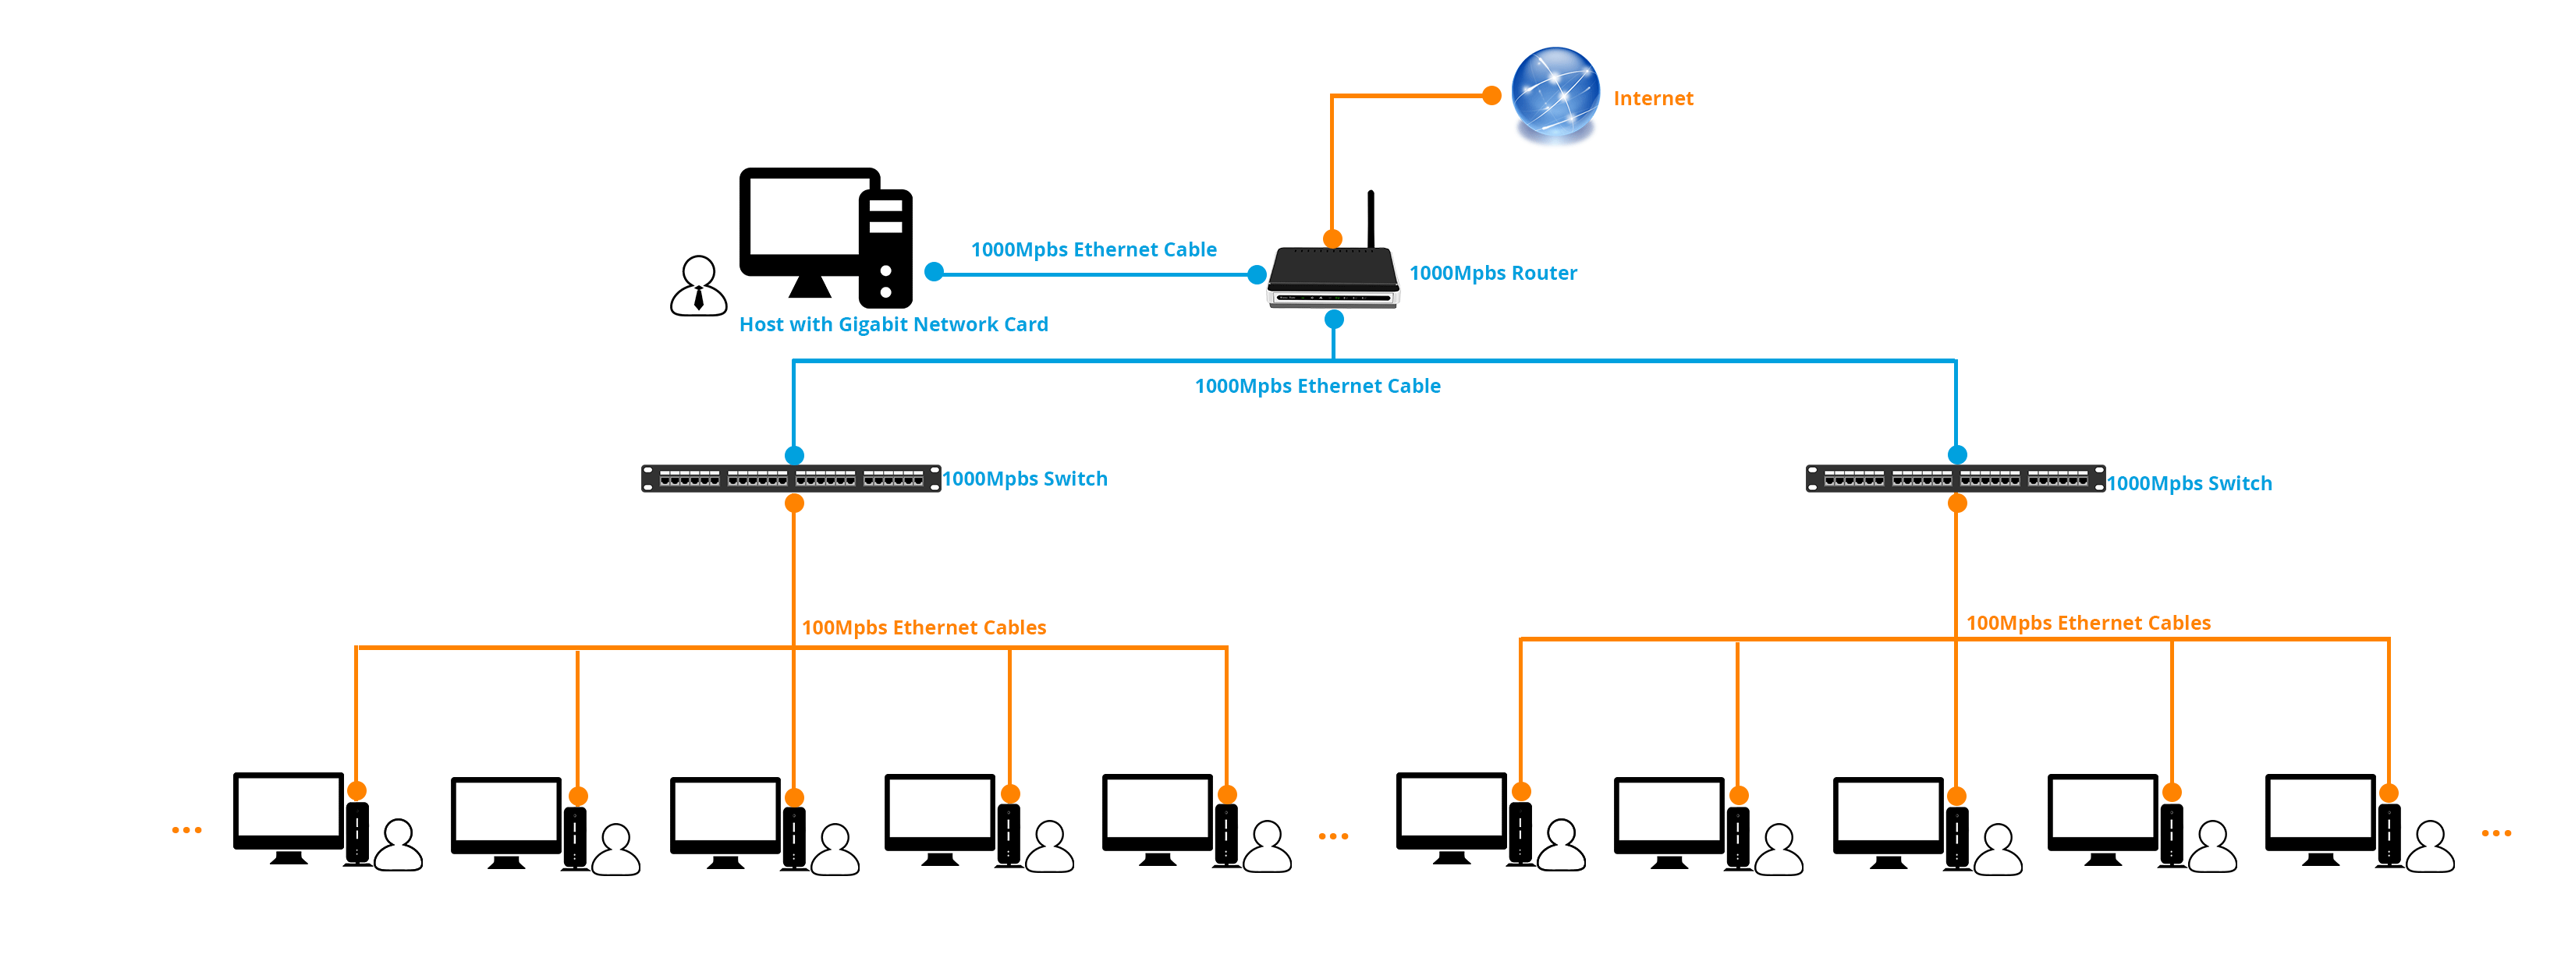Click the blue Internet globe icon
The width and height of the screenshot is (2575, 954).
coord(1555,92)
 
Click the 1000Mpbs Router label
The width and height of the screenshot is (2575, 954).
coord(1492,274)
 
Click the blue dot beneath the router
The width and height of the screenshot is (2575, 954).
coord(1333,320)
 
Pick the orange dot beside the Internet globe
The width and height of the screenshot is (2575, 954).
coord(1491,96)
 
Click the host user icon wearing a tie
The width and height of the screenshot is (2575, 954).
coord(697,287)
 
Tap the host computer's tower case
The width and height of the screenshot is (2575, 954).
coord(885,248)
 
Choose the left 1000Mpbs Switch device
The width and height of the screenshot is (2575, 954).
coord(791,479)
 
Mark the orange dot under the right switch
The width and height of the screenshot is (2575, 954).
coord(1957,503)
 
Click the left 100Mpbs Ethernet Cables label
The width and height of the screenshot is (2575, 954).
coord(923,628)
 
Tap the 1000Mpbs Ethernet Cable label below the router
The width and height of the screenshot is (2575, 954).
coord(1317,387)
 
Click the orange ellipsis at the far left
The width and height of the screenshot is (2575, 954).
coord(187,830)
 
